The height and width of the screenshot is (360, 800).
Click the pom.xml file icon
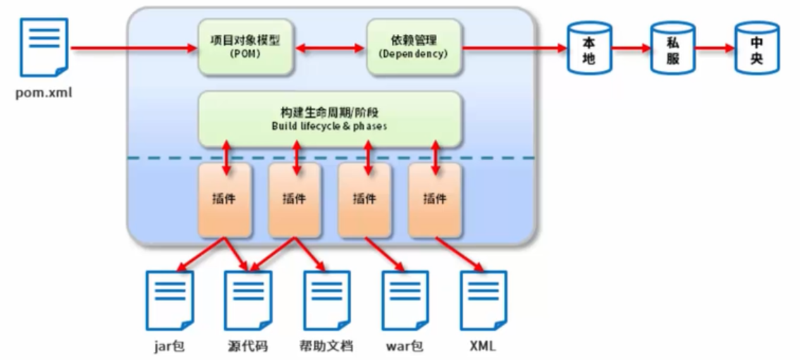tap(44, 46)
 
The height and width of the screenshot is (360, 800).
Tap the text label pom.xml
tap(44, 92)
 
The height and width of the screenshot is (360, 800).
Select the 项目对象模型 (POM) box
tap(245, 47)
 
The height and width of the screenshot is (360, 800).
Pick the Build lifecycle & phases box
tap(330, 119)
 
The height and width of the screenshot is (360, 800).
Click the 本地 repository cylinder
tap(589, 48)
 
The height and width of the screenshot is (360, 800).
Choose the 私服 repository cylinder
tap(672, 48)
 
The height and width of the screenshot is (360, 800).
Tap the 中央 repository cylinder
tap(756, 48)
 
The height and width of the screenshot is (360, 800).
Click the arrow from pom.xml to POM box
tap(134, 49)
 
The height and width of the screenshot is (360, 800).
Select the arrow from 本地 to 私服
tap(631, 49)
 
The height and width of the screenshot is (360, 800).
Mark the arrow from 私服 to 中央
tap(715, 49)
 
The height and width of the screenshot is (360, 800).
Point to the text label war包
tap(404, 347)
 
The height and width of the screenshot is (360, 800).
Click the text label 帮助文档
tap(326, 347)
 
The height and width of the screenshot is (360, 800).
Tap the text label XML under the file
tap(482, 347)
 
